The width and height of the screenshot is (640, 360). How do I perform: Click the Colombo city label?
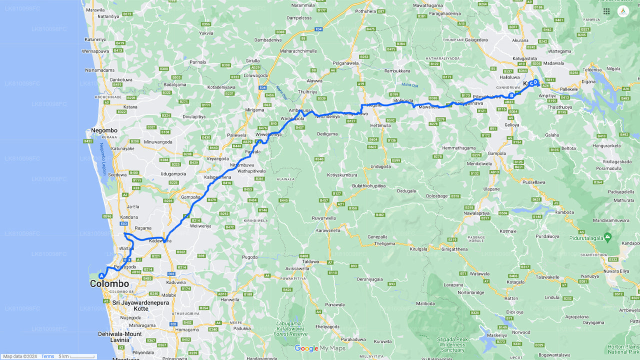point(109,284)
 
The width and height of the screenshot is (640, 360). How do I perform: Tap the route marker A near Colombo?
point(101,275)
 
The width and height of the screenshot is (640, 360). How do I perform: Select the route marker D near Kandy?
point(535,82)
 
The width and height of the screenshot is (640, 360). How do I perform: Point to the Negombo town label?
point(104,130)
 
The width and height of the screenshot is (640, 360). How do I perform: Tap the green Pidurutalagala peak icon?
point(607,236)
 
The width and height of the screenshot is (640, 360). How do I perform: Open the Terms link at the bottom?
point(47,356)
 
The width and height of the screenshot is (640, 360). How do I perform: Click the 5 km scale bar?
point(76,356)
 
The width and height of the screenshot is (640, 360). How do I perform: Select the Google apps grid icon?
point(606,11)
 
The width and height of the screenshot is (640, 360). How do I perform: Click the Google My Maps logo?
point(320,348)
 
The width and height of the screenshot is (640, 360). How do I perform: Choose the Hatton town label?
point(511,298)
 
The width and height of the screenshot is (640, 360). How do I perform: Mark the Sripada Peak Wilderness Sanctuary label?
point(451,345)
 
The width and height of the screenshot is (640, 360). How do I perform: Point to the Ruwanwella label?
point(323,218)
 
